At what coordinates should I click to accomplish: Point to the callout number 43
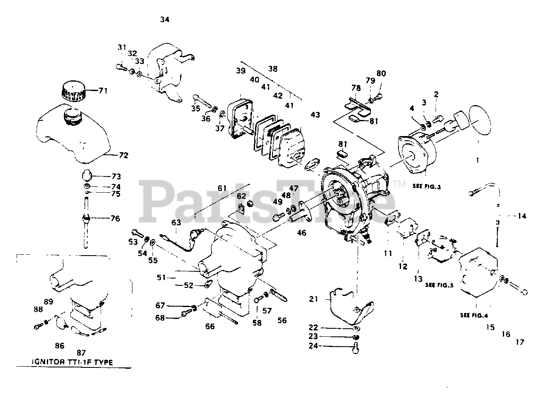pos(315,115)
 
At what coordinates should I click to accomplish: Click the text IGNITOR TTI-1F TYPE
pos(73,362)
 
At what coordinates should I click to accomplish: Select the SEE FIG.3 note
pos(426,186)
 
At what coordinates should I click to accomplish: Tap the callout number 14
pos(522,216)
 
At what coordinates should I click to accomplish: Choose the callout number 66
pos(210,327)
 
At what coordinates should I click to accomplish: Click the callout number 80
pos(381,73)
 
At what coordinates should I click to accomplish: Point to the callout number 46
pos(301,233)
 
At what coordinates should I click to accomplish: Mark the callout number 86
pos(60,346)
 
